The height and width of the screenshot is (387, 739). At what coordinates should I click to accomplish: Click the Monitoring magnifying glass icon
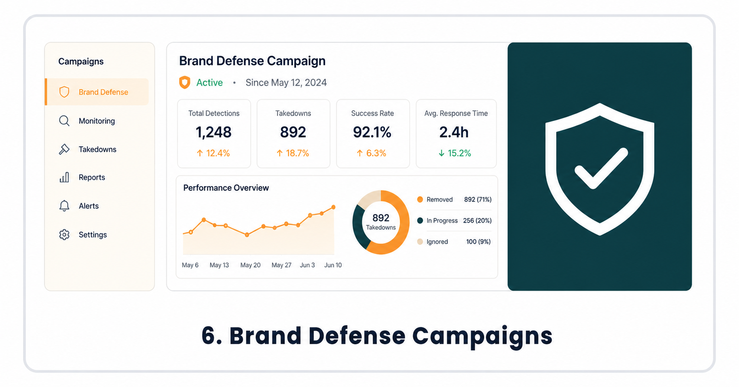[64, 121]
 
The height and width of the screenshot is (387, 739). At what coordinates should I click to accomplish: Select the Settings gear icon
[64, 235]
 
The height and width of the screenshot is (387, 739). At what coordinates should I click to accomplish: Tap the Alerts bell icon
[64, 206]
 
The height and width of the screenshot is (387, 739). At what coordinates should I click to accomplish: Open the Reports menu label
[92, 177]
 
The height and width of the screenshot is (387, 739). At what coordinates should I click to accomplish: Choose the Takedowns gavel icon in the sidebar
[64, 149]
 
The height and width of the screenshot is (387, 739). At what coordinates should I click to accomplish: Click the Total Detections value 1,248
[213, 132]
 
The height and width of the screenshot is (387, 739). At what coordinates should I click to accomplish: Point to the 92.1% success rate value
[372, 132]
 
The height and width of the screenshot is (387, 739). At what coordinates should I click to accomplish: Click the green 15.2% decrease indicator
[454, 153]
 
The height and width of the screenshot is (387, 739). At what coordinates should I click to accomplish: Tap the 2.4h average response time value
[454, 132]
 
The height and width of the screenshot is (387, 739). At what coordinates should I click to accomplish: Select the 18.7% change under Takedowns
[293, 153]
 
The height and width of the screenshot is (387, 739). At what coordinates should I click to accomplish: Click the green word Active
[210, 83]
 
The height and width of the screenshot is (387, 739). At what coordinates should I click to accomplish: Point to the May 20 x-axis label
[250, 265]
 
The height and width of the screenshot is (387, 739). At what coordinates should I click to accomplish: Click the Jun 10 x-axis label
[333, 265]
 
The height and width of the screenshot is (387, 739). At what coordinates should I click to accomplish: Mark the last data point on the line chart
[333, 207]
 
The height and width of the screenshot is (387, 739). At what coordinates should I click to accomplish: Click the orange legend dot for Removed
[420, 200]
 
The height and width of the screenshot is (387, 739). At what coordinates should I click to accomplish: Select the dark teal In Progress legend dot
[420, 220]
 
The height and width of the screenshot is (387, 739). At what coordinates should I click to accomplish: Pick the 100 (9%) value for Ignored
[479, 242]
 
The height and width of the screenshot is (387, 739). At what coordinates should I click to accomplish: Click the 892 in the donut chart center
[381, 218]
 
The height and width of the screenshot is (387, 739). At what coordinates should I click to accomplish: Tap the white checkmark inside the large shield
[601, 168]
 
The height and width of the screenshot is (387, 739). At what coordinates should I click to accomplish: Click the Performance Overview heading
[226, 187]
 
